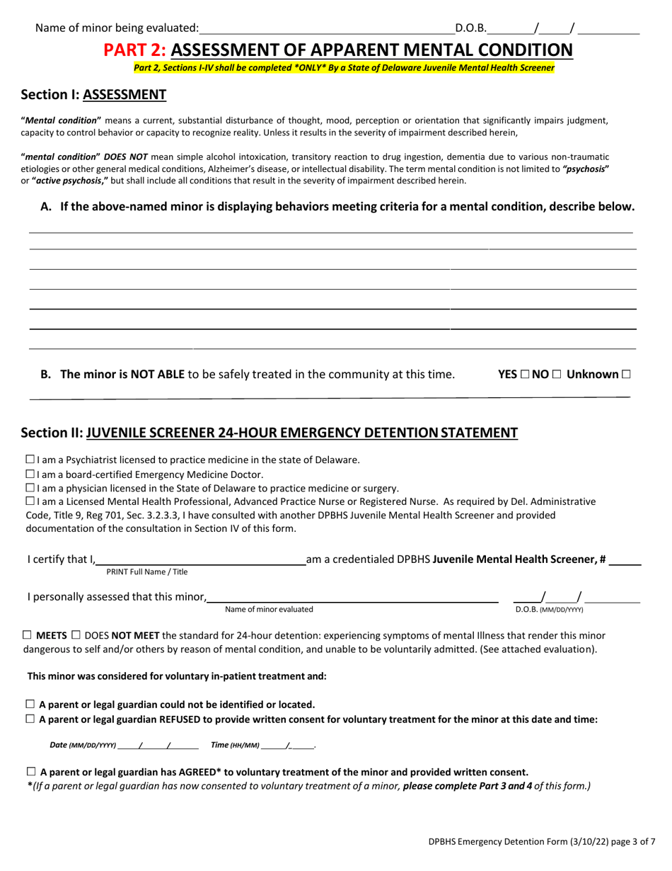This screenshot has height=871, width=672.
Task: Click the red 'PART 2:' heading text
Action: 135,50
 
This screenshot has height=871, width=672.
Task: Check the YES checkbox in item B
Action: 523,374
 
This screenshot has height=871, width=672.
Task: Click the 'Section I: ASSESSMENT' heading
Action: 94,94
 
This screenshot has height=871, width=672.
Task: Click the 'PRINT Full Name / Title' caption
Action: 147,571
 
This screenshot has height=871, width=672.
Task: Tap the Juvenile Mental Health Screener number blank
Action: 625,559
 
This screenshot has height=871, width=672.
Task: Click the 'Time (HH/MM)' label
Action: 236,745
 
